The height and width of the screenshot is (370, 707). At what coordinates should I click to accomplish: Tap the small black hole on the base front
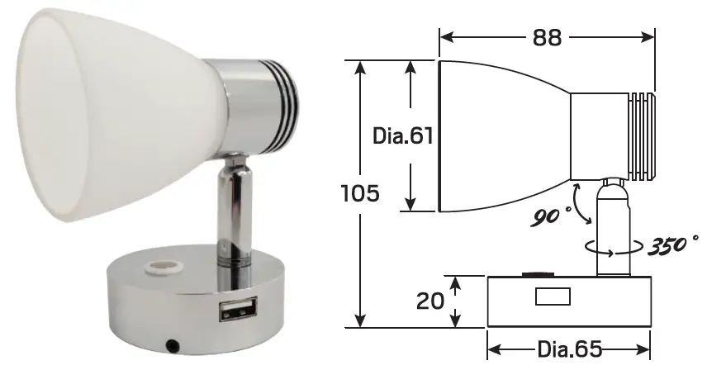pyautogui.click(x=173, y=343)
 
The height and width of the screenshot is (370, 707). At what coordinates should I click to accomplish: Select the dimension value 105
pyautogui.click(x=360, y=194)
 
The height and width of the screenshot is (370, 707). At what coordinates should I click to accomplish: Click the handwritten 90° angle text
pyautogui.click(x=551, y=216)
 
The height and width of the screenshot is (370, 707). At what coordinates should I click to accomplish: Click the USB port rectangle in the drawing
pyautogui.click(x=553, y=296)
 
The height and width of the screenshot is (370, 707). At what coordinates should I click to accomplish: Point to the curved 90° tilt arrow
pyautogui.click(x=581, y=205)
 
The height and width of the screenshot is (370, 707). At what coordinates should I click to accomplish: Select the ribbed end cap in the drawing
pyautogui.click(x=641, y=136)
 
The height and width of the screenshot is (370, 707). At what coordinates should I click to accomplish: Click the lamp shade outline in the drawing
pyautogui.click(x=496, y=136)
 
